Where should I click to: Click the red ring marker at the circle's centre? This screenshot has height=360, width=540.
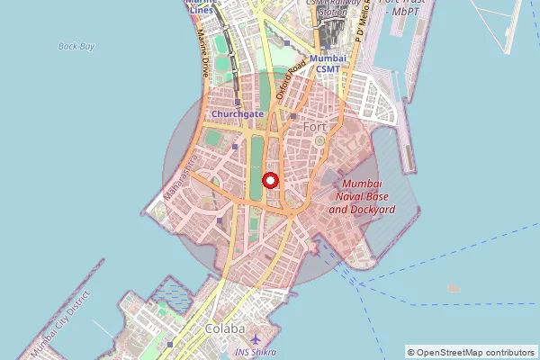270,180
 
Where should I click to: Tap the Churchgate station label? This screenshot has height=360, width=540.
237,115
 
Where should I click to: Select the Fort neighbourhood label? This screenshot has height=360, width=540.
315,127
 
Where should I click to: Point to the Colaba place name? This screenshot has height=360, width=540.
225,328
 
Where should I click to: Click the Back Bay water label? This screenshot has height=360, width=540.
76,46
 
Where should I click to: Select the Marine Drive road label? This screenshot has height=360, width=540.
207,56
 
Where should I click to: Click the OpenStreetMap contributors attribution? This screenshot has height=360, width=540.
470,352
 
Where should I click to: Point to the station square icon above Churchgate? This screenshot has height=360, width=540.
238,102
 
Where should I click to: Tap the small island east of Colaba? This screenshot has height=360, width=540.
453,289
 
